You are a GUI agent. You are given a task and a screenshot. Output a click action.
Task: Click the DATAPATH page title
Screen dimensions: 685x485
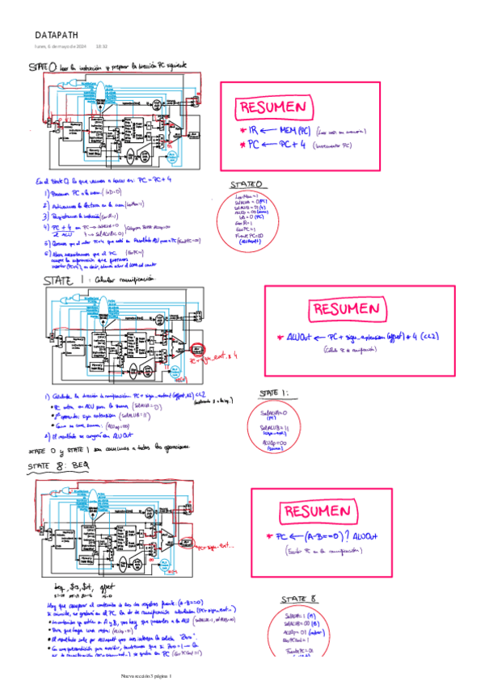point(56,36)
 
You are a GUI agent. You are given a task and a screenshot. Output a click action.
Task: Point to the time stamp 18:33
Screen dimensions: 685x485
point(102,47)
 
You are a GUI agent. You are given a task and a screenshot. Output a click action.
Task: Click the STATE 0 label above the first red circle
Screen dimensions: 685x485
point(246,184)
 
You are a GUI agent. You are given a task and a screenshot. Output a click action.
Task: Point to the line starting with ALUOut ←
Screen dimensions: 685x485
point(356,336)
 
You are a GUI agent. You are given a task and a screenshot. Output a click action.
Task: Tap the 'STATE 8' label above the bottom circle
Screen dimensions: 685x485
point(298,599)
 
